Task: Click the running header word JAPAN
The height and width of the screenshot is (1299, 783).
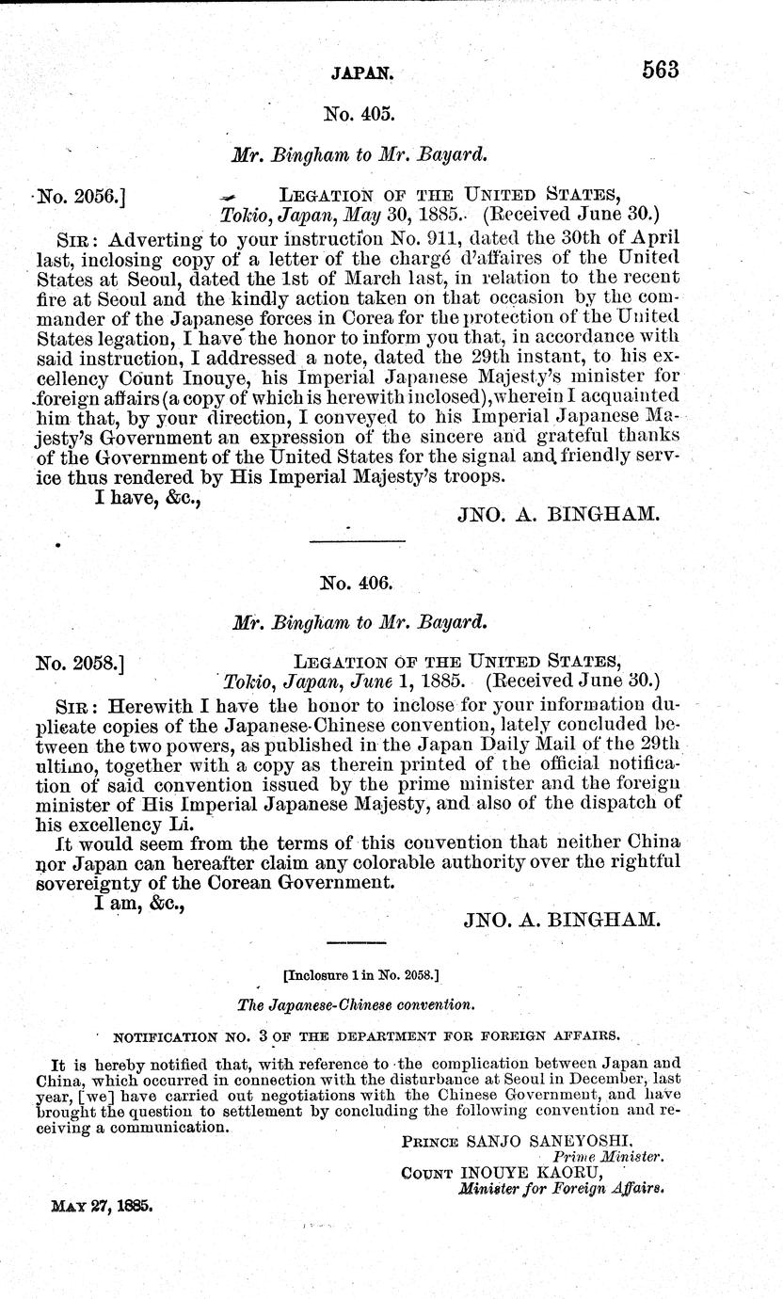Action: click(x=361, y=71)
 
